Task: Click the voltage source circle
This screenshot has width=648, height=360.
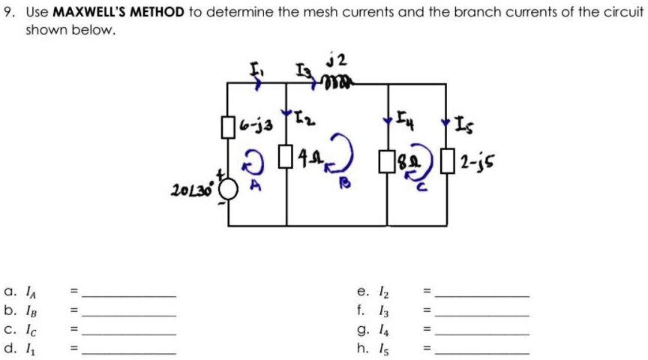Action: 228,189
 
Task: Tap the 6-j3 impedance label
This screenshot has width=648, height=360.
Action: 256,124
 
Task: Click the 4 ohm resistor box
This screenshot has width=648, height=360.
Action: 286,156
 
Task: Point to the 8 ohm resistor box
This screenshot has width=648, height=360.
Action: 387,161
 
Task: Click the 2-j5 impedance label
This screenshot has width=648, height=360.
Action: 477,162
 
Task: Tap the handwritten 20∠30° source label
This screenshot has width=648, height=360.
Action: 192,190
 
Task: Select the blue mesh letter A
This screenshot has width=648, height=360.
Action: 256,185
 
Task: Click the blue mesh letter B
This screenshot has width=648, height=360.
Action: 345,182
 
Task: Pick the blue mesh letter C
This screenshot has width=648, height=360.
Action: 421,187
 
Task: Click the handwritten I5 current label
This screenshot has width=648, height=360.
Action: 464,124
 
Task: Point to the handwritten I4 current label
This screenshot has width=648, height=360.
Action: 406,118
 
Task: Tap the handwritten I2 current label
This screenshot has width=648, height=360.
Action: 304,118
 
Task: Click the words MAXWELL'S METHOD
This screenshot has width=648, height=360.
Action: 118,12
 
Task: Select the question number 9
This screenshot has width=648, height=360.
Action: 10,12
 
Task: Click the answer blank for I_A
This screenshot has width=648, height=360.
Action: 129,296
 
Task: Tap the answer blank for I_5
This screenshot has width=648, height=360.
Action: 482,353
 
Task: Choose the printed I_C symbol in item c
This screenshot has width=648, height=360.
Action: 31,330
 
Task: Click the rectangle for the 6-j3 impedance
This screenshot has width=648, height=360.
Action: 228,127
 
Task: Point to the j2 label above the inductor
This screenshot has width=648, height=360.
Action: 337,60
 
